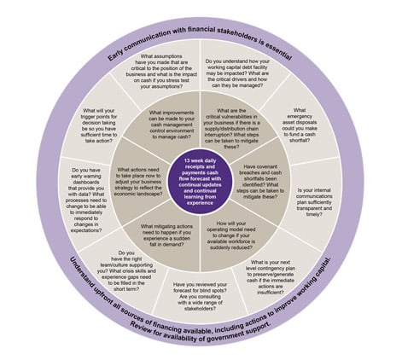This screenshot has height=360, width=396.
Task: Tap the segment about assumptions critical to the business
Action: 156,75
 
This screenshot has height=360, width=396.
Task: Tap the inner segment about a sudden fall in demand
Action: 162,230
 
